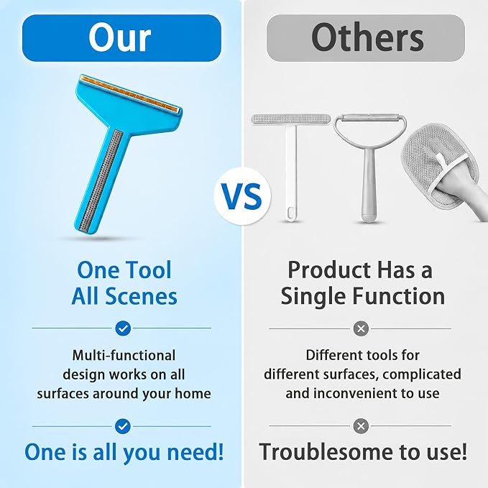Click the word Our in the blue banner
click(x=120, y=37)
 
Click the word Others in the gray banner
click(x=367, y=37)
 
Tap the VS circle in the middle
click(x=242, y=196)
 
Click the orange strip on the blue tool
click(x=130, y=94)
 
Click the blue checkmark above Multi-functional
click(x=123, y=328)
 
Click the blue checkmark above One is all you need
click(x=123, y=426)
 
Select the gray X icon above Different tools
click(x=361, y=328)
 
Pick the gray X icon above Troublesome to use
click(x=361, y=425)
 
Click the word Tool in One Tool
click(x=148, y=270)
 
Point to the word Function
click(x=399, y=296)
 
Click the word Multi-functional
click(x=124, y=356)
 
